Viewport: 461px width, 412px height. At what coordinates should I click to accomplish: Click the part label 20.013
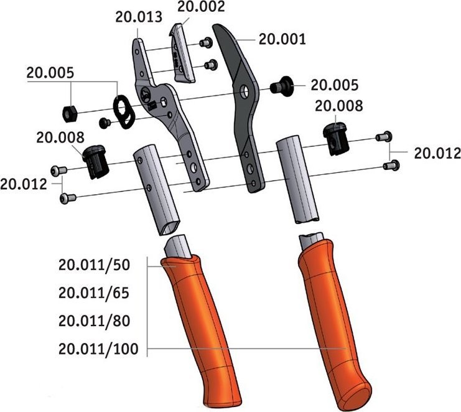(x=139, y=17)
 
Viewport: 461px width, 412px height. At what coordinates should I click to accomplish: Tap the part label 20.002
(x=201, y=6)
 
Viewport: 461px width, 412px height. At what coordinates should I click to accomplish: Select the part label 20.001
(x=282, y=39)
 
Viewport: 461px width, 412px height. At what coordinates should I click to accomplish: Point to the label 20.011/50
(x=94, y=265)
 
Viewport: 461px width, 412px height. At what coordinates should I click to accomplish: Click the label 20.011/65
(x=94, y=293)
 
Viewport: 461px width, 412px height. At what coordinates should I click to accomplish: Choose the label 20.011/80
(x=94, y=321)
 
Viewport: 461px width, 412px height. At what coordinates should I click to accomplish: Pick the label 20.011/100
(x=98, y=349)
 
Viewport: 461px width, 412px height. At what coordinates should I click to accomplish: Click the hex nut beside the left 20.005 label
(x=70, y=114)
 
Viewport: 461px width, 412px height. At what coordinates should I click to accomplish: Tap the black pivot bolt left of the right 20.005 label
(x=281, y=85)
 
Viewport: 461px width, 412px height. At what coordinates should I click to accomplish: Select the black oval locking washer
(x=124, y=112)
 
